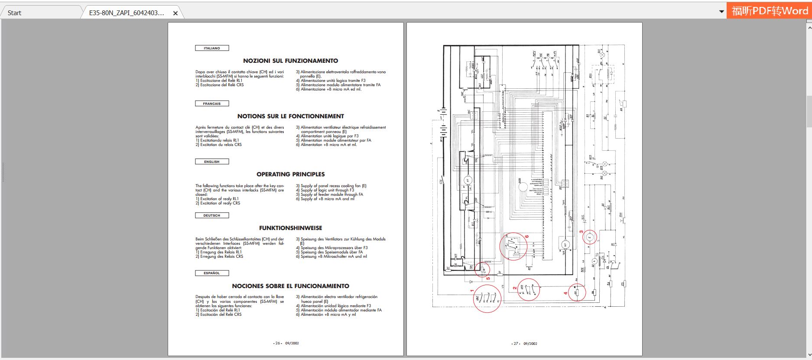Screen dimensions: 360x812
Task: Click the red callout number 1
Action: point(472,291)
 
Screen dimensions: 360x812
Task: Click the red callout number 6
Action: point(527,237)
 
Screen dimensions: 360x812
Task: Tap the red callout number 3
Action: point(581,231)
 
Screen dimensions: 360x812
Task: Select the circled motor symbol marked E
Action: point(589,237)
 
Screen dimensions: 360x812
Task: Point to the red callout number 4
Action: point(565,293)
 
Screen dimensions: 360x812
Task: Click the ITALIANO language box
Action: point(212,48)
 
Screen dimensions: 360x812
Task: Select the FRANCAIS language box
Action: point(212,104)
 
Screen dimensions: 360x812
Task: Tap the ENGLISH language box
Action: point(212,162)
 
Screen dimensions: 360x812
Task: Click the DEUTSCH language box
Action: point(212,215)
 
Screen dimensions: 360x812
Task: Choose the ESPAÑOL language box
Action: point(212,273)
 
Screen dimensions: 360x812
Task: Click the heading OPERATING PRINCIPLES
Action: point(290,174)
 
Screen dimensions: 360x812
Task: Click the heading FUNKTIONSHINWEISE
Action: point(290,228)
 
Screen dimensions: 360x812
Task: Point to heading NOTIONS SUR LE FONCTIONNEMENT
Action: point(290,116)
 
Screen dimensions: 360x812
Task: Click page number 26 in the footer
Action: point(278,343)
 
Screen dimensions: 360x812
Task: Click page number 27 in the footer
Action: point(516,344)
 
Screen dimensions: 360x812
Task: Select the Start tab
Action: point(14,13)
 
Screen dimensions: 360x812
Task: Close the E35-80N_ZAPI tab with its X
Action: point(175,13)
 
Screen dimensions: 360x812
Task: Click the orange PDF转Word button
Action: point(769,11)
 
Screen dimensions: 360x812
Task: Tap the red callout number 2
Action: point(515,288)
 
